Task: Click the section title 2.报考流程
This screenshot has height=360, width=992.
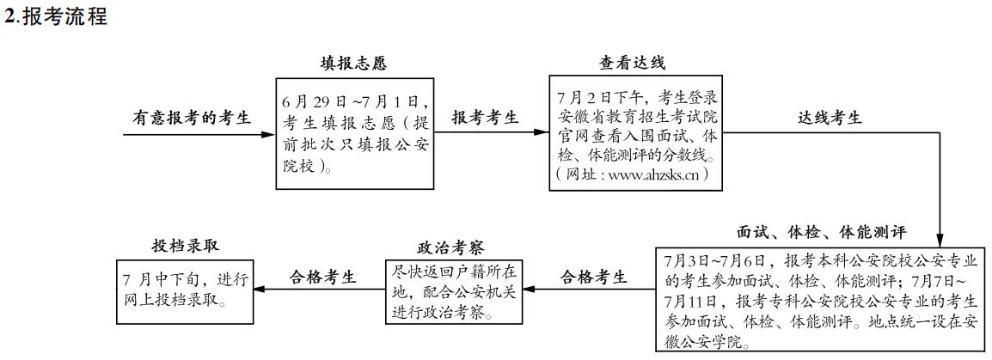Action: coord(56,16)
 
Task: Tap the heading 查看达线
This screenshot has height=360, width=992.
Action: coord(632,63)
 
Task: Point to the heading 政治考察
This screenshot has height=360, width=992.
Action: coord(451,247)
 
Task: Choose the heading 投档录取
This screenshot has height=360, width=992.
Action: coord(185,245)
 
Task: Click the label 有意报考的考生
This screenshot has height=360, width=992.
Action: coord(192,118)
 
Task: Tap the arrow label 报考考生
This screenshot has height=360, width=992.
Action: coord(486,118)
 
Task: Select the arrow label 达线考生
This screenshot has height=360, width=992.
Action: coord(830,118)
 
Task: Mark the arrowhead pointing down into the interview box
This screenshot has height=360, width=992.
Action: coord(940,241)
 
